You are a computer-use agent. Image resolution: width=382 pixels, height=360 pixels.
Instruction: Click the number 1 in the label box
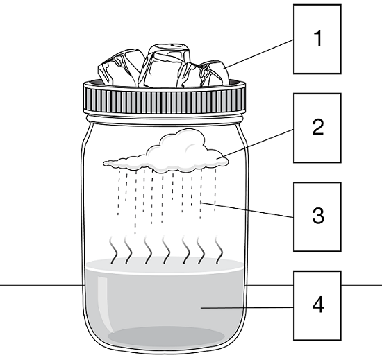click(317, 38)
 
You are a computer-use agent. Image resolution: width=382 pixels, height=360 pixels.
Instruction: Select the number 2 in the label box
click(317, 127)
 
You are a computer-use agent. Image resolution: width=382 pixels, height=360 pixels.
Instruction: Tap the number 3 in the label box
click(318, 216)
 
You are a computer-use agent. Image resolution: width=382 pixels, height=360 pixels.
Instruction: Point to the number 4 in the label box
click(318, 305)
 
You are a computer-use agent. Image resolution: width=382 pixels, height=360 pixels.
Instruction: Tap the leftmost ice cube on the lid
click(119, 67)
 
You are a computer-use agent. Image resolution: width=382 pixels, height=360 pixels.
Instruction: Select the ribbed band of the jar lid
click(165, 101)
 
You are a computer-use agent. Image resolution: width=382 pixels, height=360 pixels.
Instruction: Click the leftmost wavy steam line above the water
click(113, 250)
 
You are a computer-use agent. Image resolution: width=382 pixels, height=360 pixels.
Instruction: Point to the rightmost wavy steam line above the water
click(219, 250)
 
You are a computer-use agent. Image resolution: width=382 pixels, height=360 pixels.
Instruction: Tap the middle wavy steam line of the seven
click(167, 250)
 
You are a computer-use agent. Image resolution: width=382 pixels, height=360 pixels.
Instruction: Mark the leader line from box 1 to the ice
click(259, 53)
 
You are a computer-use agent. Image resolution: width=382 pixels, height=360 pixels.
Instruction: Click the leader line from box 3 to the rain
click(247, 209)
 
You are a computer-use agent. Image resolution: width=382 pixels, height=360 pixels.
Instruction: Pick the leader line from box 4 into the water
click(247, 308)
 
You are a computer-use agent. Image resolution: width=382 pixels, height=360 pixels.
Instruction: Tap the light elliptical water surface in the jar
click(165, 266)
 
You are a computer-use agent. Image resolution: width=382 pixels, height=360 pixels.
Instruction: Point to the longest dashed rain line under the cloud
click(135, 203)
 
